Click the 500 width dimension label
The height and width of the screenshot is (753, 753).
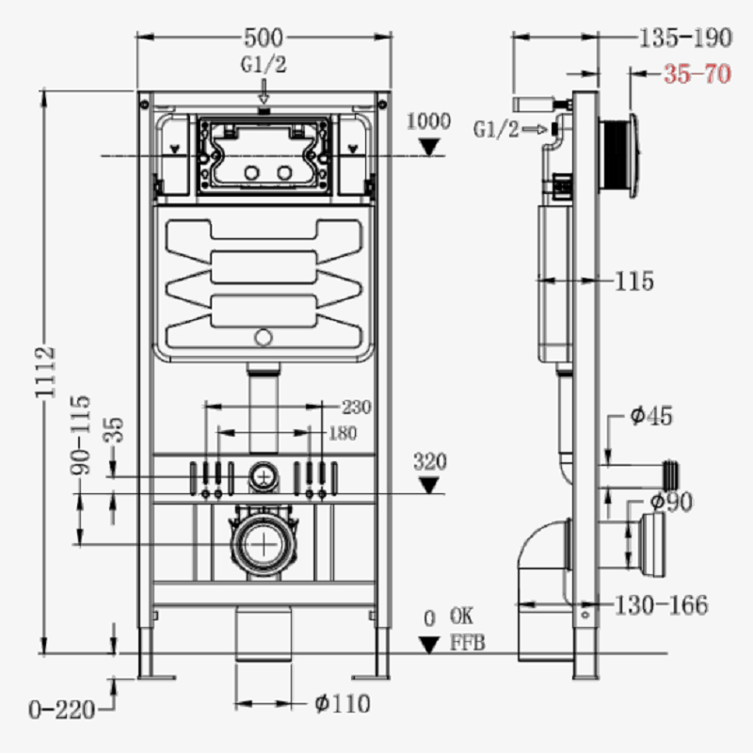(264, 38)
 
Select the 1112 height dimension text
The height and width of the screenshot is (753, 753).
(45, 372)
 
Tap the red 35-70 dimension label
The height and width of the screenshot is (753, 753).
(697, 74)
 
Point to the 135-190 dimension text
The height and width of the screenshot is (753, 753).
(685, 38)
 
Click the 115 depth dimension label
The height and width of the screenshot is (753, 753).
(634, 280)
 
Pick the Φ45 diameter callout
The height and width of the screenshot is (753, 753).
(651, 415)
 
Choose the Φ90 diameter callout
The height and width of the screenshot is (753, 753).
(671, 502)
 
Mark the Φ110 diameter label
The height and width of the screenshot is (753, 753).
(343, 704)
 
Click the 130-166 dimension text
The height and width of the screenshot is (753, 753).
(662, 605)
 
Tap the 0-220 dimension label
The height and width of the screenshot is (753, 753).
(62, 710)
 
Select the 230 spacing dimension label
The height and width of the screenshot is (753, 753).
(357, 408)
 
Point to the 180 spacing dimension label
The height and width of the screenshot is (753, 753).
(343, 434)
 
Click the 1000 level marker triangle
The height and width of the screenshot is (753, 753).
(429, 147)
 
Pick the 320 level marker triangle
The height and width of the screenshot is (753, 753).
(429, 485)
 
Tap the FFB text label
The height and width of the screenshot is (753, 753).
(467, 643)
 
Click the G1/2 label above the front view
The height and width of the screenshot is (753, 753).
(264, 64)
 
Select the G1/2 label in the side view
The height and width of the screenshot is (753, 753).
(496, 129)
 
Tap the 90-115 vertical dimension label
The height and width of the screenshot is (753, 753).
(80, 435)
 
